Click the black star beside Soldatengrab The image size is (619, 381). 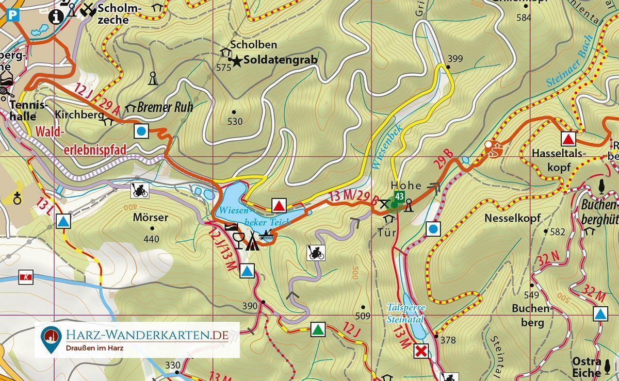click(237, 61)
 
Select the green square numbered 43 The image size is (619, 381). click(399, 196)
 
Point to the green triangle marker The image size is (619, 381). click(318, 329)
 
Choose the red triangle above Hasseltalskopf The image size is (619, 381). click(568, 139)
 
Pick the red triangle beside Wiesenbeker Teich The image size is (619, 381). click(279, 206)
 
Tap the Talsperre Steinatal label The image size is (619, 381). click(406, 313)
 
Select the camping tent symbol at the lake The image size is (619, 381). click(252, 241)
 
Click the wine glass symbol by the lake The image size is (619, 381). click(238, 240)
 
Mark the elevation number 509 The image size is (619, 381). click(363, 316)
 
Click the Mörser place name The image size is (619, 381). click(150, 218)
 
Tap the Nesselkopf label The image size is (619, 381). click(512, 218)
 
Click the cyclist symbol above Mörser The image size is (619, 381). click(140, 190)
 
